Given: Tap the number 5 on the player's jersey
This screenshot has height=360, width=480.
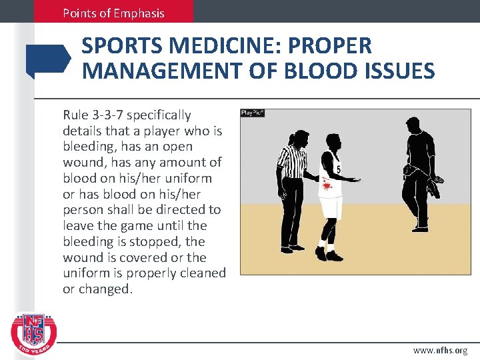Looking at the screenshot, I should (x=339, y=169).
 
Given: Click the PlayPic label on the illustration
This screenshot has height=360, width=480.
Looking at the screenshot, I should (x=253, y=113).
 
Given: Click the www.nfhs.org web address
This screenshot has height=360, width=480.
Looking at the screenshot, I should (x=440, y=350).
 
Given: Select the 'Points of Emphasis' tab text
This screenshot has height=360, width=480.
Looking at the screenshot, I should (x=113, y=13).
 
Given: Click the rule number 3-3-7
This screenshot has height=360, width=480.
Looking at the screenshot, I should (x=107, y=115).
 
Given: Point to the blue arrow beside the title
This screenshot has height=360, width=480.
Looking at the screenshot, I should (x=48, y=59).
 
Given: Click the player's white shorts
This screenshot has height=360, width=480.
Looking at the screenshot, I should (x=330, y=206).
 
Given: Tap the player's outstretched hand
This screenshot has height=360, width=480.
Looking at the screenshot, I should (x=358, y=180).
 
